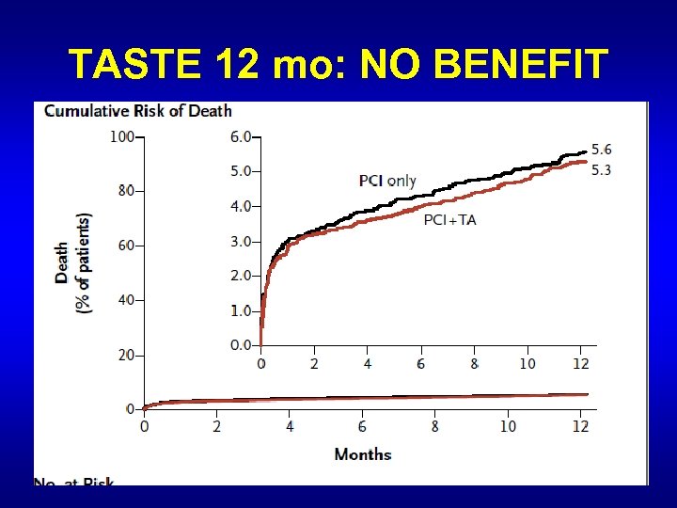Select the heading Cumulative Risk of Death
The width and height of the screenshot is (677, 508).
coord(138,111)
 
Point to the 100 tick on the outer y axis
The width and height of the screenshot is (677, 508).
coord(121,136)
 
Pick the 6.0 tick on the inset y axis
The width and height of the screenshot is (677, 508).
coord(241,136)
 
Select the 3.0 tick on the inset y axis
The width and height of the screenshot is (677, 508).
coord(241,241)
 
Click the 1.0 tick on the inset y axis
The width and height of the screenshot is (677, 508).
coord(241,310)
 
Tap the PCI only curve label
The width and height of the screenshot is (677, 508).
coord(387,181)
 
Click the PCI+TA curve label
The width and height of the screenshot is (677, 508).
coord(449,220)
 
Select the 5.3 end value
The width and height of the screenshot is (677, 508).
coord(601,168)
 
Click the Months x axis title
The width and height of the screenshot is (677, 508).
coord(363,454)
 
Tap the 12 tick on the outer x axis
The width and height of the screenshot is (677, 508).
coord(580,426)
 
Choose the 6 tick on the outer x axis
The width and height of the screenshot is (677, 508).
coord(362,426)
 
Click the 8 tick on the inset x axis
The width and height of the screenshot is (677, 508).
coord(474,363)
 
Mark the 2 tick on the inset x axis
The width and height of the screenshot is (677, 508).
coord(314,363)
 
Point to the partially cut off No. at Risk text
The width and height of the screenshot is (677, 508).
coord(73,482)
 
